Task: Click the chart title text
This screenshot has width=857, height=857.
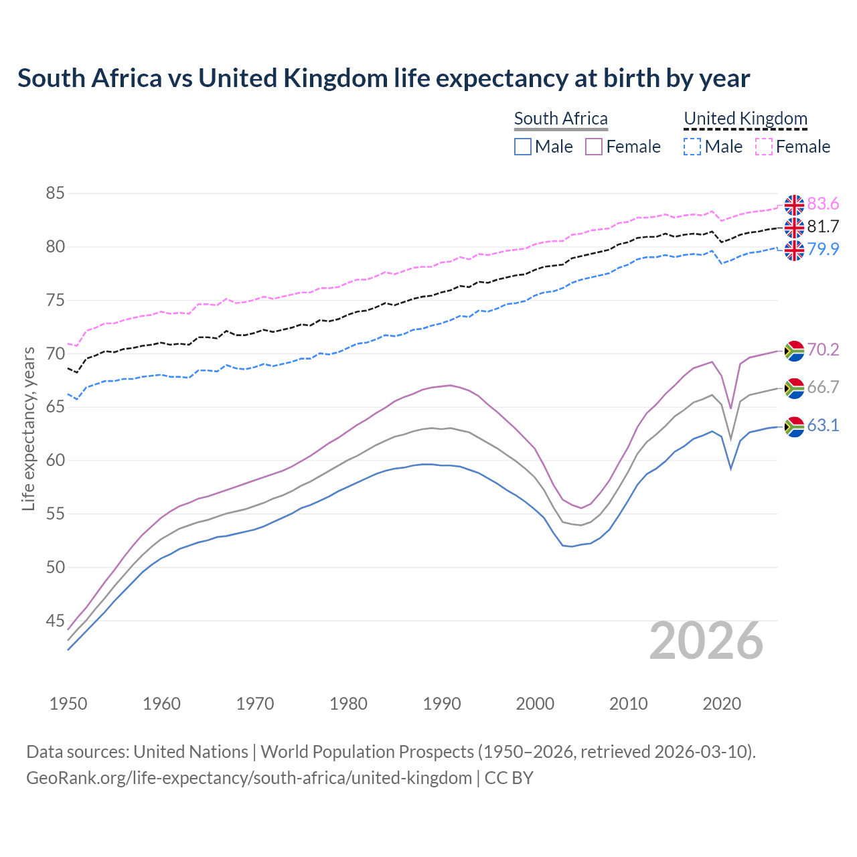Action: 384,78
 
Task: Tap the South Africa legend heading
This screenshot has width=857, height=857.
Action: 560,119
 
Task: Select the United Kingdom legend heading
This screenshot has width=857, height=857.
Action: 745,119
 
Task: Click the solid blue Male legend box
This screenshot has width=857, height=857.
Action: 523,147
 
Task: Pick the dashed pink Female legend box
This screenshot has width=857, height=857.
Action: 764,147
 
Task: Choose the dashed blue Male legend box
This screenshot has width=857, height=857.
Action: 692,147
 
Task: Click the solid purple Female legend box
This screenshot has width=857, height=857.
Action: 594,147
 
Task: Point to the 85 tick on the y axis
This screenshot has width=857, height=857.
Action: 55,193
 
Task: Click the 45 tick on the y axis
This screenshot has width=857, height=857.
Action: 55,621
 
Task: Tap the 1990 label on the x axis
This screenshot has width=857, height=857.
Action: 442,704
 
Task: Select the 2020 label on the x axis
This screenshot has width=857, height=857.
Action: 722,704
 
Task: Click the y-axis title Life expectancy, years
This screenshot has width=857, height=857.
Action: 28,428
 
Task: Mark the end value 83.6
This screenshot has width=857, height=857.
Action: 823,204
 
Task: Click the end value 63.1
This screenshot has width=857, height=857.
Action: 823,426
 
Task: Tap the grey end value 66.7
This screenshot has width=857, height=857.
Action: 823,388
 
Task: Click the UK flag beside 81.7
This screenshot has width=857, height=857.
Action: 794,228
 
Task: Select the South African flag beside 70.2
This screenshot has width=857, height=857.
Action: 794,350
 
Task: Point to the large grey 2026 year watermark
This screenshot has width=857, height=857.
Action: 706,641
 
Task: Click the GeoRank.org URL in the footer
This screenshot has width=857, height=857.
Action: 249,778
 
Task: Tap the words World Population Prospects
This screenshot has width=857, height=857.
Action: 367,752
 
